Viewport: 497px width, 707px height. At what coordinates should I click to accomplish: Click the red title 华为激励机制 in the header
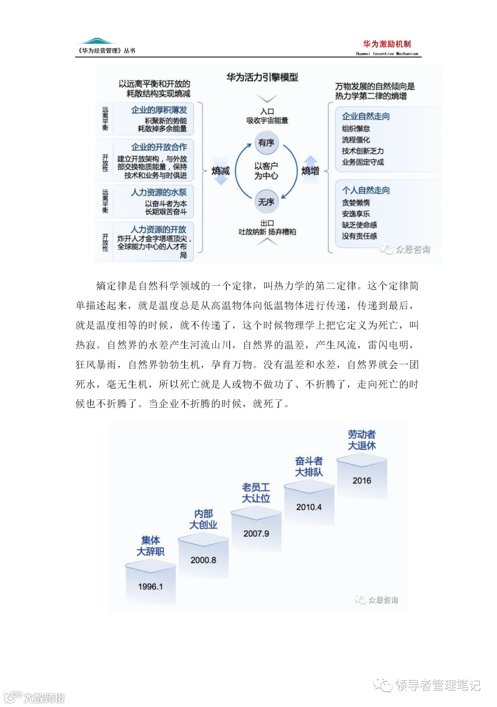pyautogui.click(x=387, y=44)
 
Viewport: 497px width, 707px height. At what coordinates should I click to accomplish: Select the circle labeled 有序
pyautogui.click(x=266, y=143)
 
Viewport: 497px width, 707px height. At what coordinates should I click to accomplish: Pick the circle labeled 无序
pyautogui.click(x=266, y=202)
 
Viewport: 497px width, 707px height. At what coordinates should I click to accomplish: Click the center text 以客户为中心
pyautogui.click(x=266, y=171)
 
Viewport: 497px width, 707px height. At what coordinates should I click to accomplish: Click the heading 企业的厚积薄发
pyautogui.click(x=159, y=110)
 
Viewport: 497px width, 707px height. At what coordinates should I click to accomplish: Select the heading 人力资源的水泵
pyautogui.click(x=159, y=193)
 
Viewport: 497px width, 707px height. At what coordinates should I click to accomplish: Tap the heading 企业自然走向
pyautogui.click(x=366, y=117)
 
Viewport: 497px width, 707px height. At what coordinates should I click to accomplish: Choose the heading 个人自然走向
pyautogui.click(x=366, y=190)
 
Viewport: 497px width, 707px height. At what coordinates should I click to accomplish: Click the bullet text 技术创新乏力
pyautogui.click(x=363, y=151)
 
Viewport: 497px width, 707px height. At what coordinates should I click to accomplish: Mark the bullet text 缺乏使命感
pyautogui.click(x=359, y=225)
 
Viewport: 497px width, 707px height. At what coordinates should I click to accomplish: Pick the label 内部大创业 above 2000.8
pyautogui.click(x=203, y=519)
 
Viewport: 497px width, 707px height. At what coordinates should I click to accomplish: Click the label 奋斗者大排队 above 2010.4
pyautogui.click(x=309, y=466)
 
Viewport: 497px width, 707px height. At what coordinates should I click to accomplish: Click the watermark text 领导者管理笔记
pyautogui.click(x=437, y=685)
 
